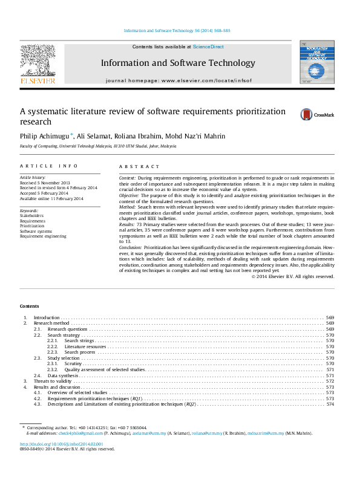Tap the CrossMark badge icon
pyautogui.click(x=318, y=114)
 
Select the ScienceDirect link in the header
pyautogui.click(x=208, y=47)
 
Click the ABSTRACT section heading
pyautogui.click(x=139, y=166)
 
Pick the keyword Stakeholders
pyautogui.click(x=31, y=215)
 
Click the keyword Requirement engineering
pyautogui.click(x=43, y=236)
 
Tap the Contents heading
pyautogui.click(x=29, y=306)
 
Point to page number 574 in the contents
pyautogui.click(x=330, y=404)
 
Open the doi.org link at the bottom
pyautogui.click(x=62, y=444)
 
